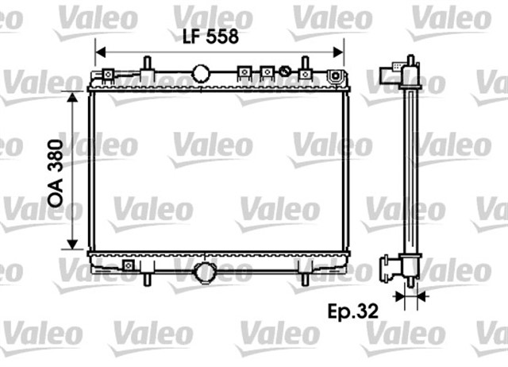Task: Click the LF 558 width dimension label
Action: coord(210,37)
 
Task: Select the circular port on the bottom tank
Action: coord(206,272)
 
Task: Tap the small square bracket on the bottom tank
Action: coord(127,265)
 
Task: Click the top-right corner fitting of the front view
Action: coord(337,77)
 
